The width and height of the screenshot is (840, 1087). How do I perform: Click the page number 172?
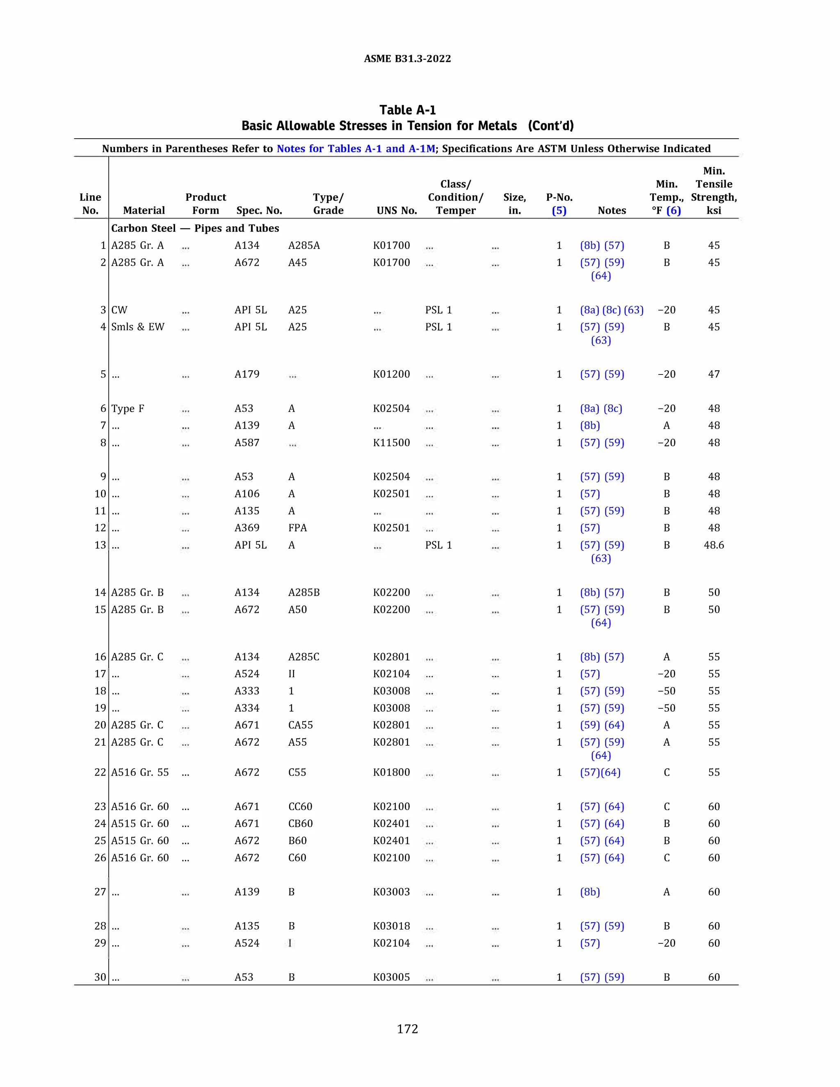(x=407, y=1029)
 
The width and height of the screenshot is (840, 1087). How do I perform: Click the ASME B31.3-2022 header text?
(x=407, y=59)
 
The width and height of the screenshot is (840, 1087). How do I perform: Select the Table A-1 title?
(x=407, y=110)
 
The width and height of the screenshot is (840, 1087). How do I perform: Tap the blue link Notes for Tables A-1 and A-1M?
(x=355, y=149)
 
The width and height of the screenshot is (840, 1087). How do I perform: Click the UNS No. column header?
(x=397, y=210)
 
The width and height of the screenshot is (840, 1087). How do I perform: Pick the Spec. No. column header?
(x=259, y=210)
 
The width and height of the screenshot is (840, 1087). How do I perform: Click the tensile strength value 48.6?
(x=714, y=545)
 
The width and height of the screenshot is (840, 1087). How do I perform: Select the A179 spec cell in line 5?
(x=247, y=374)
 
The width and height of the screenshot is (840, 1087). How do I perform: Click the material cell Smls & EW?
(x=137, y=327)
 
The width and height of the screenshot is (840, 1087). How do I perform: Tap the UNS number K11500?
(x=391, y=443)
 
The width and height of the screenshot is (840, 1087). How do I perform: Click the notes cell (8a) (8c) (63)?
(x=612, y=310)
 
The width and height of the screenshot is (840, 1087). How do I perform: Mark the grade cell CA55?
(x=300, y=725)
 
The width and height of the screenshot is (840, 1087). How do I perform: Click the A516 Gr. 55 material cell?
(x=140, y=772)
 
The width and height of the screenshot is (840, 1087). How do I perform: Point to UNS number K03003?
(x=391, y=892)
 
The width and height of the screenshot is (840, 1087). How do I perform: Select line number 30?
(x=100, y=977)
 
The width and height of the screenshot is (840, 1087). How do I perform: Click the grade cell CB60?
(x=300, y=824)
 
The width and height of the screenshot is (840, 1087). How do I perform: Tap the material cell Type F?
(x=128, y=409)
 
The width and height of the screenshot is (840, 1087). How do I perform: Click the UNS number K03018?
(x=391, y=926)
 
